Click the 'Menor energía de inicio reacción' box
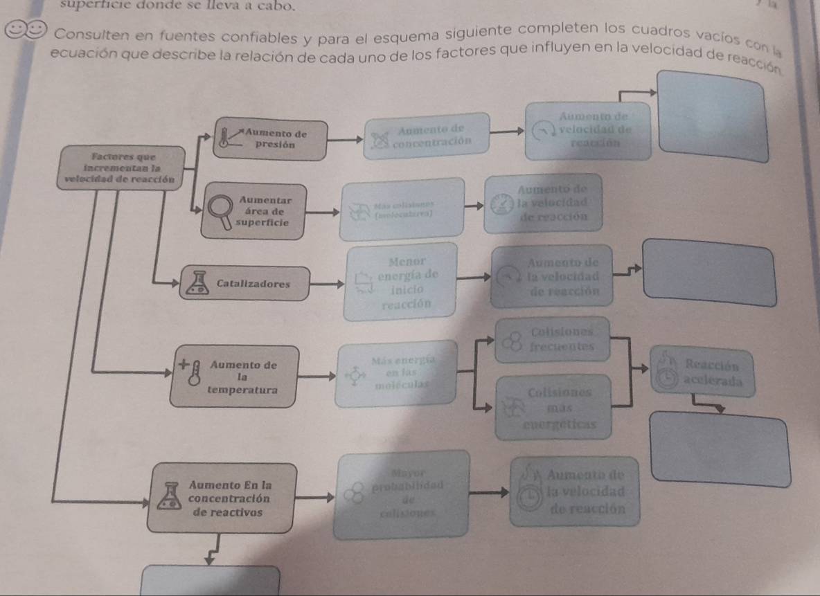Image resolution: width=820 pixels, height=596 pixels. pyautogui.click(x=402, y=282)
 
